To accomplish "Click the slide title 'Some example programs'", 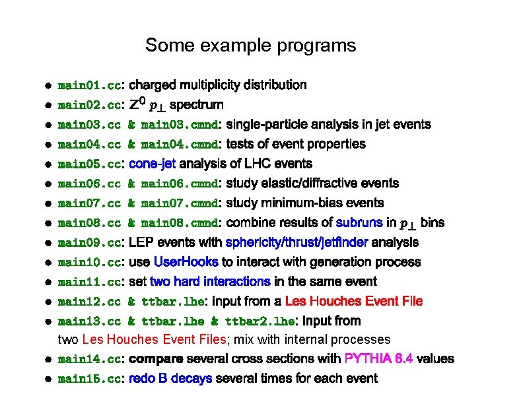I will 250,46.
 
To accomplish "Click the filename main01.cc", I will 89,85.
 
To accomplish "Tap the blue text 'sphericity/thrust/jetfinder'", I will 297,242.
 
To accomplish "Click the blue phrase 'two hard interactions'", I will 210,281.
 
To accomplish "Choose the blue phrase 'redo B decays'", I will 171,378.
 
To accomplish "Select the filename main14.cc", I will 89,360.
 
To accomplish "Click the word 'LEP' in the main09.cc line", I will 141,242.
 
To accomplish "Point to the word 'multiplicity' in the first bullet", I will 213,85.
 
